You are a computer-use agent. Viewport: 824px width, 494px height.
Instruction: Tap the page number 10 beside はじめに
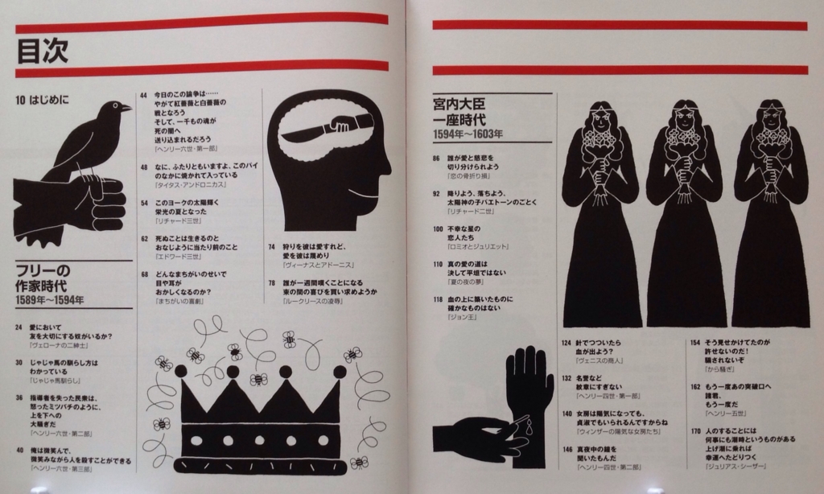pos(20,101)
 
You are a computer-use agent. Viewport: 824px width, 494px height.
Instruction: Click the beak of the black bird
pos(127,106)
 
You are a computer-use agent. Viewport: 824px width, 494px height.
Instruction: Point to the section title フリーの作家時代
pos(43,278)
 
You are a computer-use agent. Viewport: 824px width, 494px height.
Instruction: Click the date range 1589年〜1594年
pos(49,300)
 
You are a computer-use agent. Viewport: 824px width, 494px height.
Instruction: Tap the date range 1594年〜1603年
pos(468,134)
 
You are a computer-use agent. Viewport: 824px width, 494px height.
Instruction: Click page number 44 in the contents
pos(143,94)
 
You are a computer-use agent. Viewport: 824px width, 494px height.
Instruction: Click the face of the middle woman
pos(685,119)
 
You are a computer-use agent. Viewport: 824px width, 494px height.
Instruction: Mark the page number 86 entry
pos(436,158)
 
